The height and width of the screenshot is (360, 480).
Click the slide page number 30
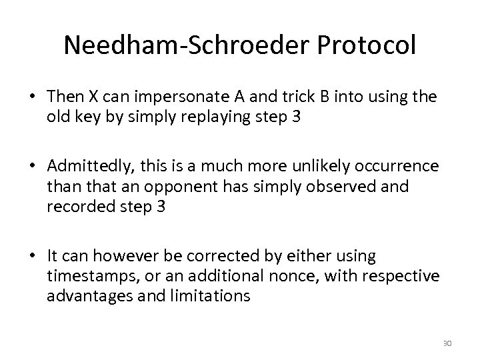[447, 343]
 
